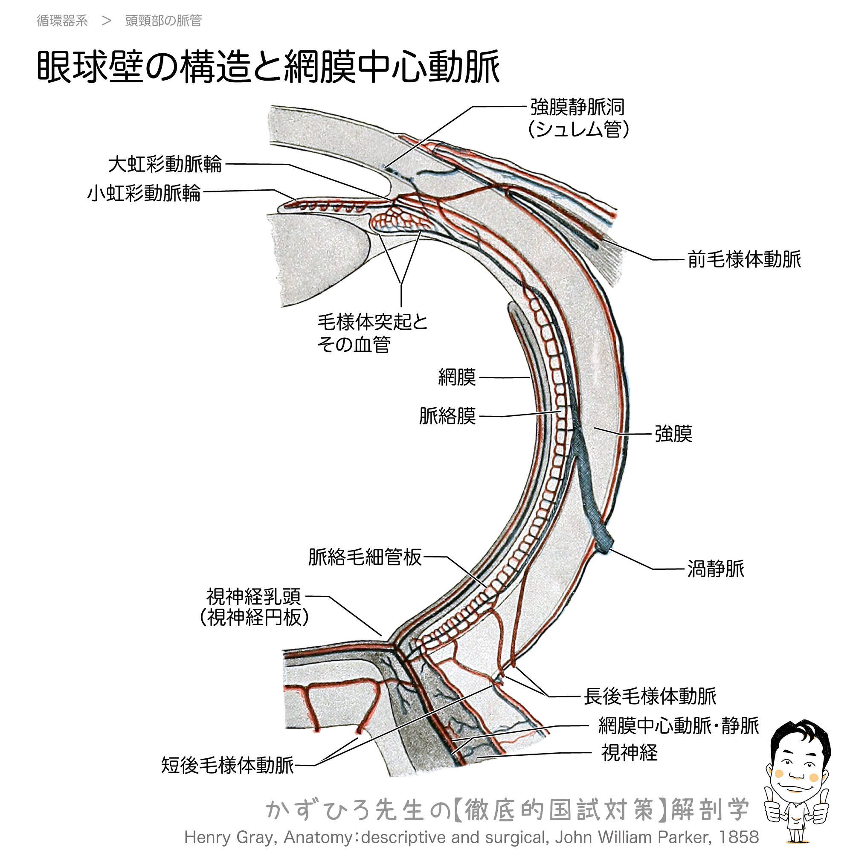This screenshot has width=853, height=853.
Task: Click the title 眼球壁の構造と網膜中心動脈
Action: pos(268,67)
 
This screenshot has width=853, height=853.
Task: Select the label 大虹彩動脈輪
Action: pos(165,164)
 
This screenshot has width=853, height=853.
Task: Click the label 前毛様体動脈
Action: pos(744,260)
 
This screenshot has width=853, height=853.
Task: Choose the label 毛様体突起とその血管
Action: pos(372,334)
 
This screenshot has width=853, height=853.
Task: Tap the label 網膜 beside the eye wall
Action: pos(457,377)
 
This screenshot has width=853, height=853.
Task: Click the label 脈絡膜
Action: pos(448,416)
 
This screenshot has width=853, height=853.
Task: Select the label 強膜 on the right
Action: pos(673,434)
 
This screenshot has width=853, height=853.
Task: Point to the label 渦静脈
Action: pos(716,569)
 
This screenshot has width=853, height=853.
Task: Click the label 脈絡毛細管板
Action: pos(365,557)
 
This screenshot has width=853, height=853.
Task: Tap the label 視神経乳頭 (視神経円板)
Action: pos(254,607)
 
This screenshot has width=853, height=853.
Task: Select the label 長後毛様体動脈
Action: pos(650,696)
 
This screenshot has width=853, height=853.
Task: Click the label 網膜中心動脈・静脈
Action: pos(678,726)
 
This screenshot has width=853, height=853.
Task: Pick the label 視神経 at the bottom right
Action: pos(630,753)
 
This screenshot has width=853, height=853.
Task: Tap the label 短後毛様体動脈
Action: pos(227,765)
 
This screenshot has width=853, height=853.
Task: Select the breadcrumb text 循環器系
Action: pos(62,21)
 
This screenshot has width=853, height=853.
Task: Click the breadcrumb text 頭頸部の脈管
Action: pos(163,21)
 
